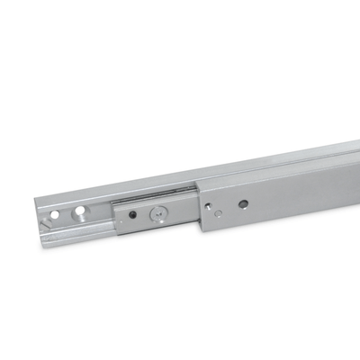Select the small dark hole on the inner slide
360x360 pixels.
132,216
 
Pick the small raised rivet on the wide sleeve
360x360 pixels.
214,212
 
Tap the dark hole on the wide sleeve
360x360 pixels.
243,204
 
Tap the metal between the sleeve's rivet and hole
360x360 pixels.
229,208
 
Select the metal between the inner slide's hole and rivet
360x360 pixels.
145,215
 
